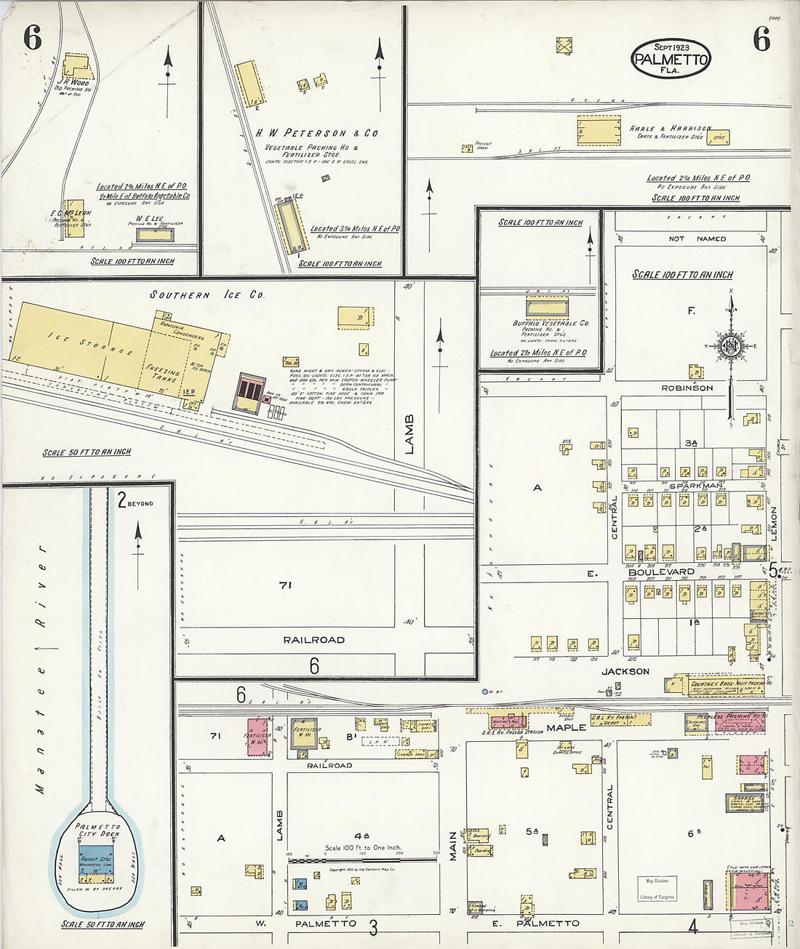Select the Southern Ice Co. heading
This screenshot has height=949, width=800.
pyautogui.click(x=207, y=295)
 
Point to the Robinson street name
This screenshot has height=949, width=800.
pyautogui.click(x=687, y=388)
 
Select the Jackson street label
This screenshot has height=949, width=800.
pyautogui.click(x=625, y=671)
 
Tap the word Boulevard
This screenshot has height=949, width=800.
pyautogui.click(x=661, y=572)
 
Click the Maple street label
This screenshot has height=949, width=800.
pyautogui.click(x=566, y=727)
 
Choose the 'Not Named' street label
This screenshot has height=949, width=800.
pyautogui.click(x=697, y=239)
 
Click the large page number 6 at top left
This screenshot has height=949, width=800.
pyautogui.click(x=32, y=38)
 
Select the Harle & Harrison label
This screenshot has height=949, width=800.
pyautogui.click(x=669, y=128)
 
